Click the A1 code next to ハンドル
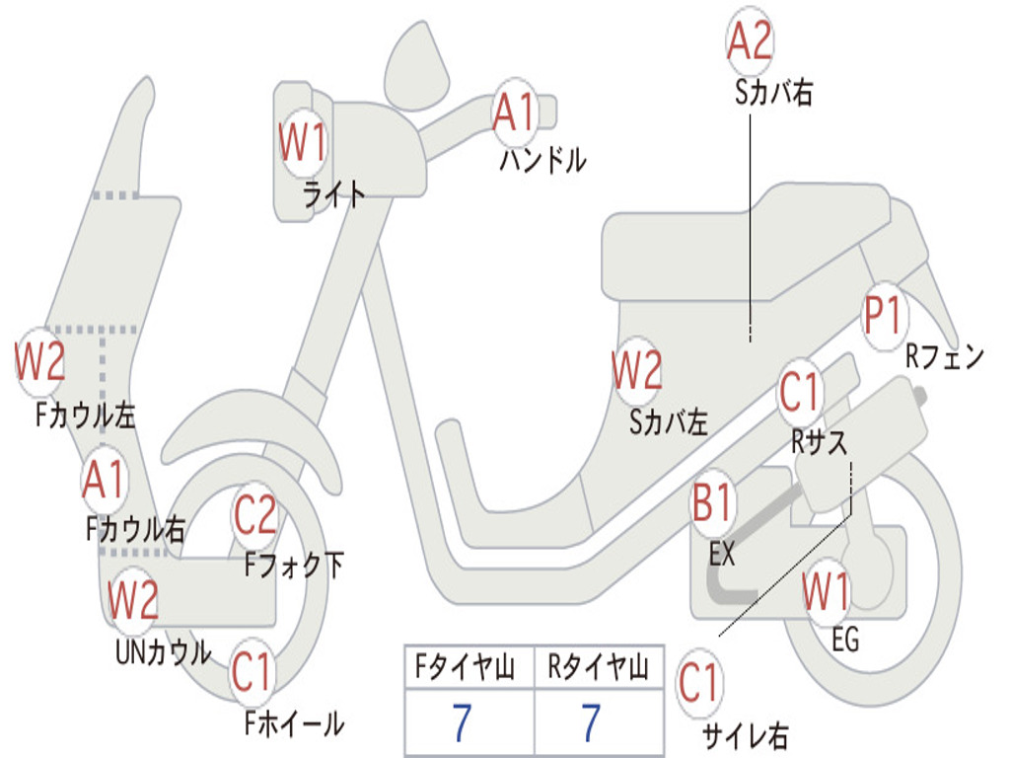coord(514,112)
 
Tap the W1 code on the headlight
coord(302,144)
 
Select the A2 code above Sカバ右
coord(749,41)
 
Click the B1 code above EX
coord(712,504)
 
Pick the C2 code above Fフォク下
coord(255,514)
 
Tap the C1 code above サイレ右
coord(699,683)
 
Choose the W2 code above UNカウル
coord(133,599)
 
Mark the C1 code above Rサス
coord(800,393)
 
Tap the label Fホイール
coord(294,723)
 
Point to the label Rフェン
coord(945,357)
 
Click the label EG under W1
coord(845,641)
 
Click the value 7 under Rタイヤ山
coord(591,723)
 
